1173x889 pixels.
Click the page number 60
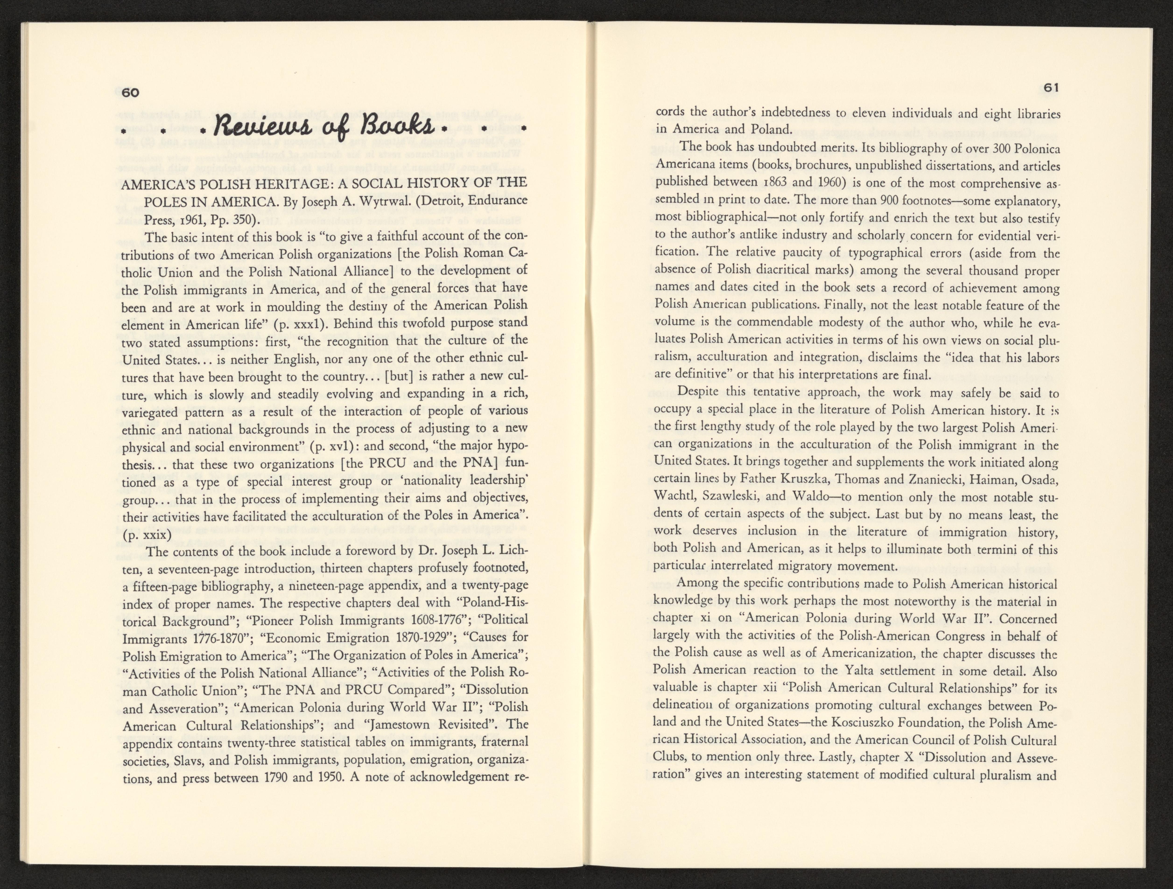point(130,92)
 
